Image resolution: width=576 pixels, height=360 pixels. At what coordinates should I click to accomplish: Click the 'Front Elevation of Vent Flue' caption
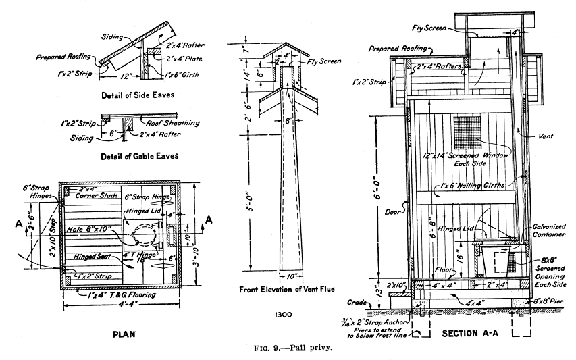point(290,290)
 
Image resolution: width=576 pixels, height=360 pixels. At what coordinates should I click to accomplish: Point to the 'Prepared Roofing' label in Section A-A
point(399,49)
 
